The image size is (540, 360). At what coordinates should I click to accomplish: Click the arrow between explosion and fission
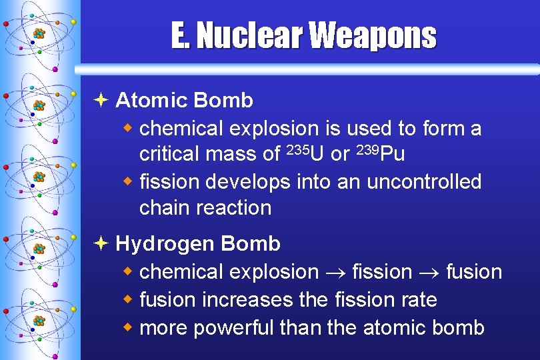pyautogui.click(x=335, y=273)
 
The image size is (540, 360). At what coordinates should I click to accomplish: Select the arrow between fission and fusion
pyautogui.click(x=429, y=273)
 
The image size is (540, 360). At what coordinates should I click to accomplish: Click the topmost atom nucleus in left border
pyautogui.click(x=39, y=33)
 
